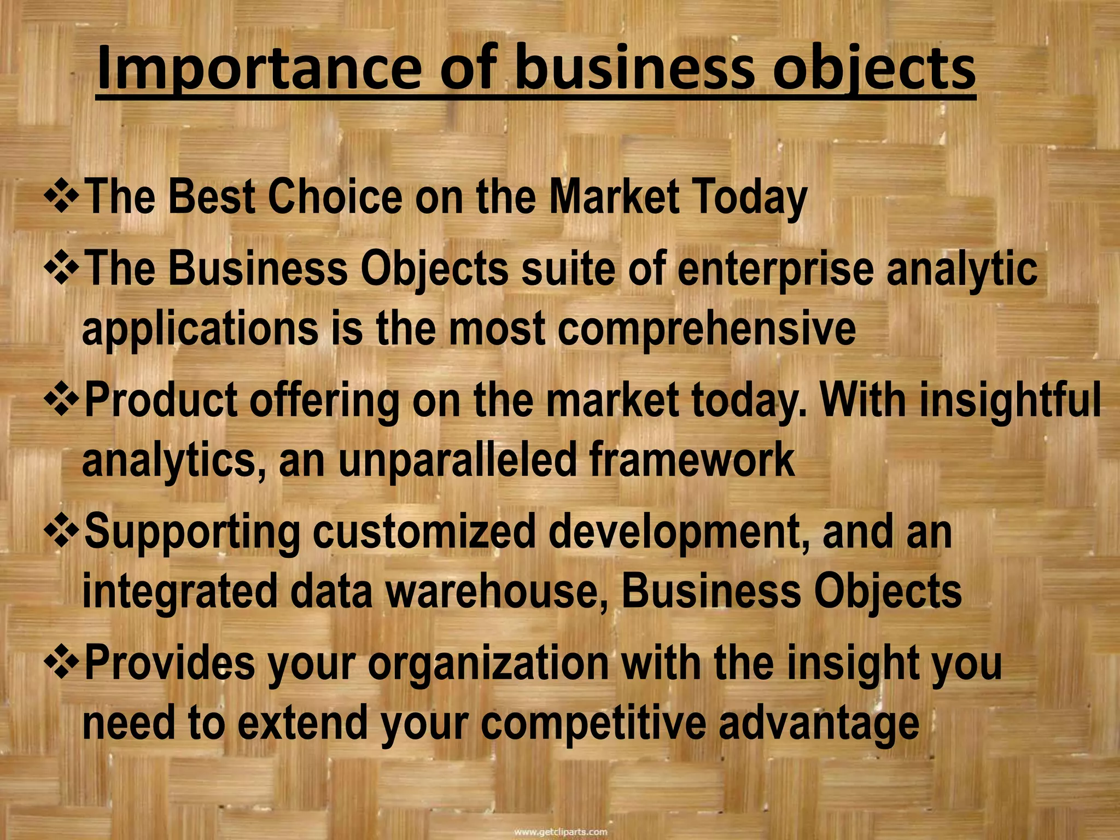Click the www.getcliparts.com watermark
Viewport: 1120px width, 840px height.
(x=561, y=832)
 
